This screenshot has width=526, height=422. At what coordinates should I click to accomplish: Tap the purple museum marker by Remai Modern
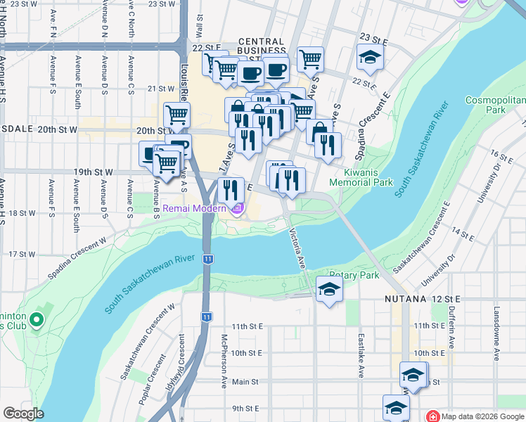(x=238, y=208)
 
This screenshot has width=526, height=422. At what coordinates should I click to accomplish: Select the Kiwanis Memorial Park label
(x=368, y=177)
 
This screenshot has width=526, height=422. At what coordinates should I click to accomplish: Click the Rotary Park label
(x=354, y=275)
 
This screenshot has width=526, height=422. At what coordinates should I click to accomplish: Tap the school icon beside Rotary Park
(x=328, y=290)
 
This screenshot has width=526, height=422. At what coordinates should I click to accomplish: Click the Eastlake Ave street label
(x=360, y=356)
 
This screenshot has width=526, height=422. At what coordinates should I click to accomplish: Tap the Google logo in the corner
(x=23, y=413)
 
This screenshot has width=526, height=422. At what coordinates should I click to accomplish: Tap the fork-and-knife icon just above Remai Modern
(x=230, y=190)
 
